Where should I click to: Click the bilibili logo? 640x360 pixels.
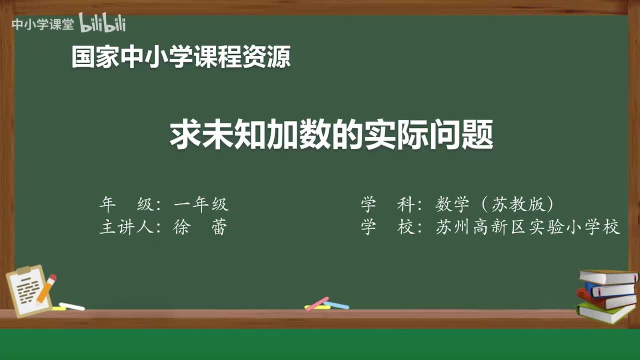tap(102, 23)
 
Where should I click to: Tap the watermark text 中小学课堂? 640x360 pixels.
tap(42, 24)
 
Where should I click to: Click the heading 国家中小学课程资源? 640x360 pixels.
tap(181, 57)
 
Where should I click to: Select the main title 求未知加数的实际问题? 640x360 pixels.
tap(331, 134)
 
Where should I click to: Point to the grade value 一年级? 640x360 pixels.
tap(201, 204)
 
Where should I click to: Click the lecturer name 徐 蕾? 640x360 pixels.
tap(200, 227)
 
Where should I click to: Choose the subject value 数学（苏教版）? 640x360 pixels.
tap(495, 204)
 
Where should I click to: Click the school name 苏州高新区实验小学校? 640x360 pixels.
tap(528, 227)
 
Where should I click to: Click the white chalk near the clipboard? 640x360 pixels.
tap(71, 306)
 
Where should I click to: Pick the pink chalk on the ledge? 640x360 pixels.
tap(317, 303)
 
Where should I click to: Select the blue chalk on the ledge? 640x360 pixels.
tap(336, 305)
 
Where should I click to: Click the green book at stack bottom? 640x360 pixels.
tap(605, 313)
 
